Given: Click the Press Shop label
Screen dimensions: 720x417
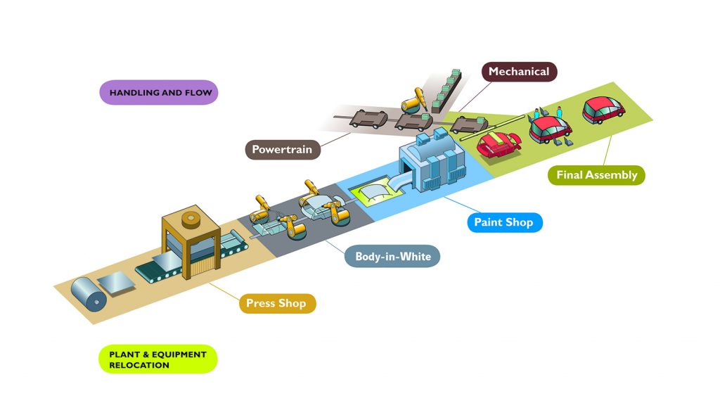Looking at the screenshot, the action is point(277,304).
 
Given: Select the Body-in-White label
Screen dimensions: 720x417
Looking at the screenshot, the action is point(392,256).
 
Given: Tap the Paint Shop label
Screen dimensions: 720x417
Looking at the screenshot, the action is point(505,222).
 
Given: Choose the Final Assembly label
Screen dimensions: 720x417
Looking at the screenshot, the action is point(596,175).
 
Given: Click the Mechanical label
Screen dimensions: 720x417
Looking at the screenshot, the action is point(520,72).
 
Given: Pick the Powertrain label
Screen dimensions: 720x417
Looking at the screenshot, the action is point(283,150).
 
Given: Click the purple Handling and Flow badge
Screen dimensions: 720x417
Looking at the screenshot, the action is point(159,92).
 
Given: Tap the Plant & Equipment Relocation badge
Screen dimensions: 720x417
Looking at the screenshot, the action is point(158,359).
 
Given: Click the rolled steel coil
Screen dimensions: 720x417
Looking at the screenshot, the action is point(89,295).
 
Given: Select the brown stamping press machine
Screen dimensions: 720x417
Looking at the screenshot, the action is point(191,241).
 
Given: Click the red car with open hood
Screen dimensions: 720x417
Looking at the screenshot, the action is point(499,144).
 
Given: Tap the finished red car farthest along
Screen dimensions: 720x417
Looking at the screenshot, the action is point(603,110).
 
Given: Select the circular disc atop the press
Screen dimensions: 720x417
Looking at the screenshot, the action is point(191,220).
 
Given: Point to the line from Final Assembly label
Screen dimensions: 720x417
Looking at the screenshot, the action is point(607,150).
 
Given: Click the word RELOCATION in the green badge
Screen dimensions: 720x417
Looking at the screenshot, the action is point(139,366).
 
